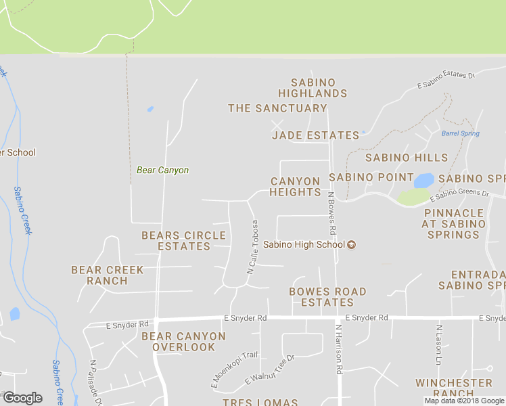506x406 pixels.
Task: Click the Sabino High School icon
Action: tap(351, 245)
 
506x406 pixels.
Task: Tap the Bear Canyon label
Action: tap(162, 171)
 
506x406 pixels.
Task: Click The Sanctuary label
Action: tap(277, 108)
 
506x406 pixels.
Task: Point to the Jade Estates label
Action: tap(315, 135)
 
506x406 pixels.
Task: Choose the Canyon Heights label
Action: tap(296, 187)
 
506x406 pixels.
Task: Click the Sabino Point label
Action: tap(371, 177)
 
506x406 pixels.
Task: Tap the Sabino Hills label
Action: tap(407, 158)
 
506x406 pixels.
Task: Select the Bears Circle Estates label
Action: tap(183, 241)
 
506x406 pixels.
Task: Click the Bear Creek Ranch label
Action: tap(108, 275)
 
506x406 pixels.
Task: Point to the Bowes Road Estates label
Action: tap(327, 297)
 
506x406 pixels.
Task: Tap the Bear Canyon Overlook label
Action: tap(183, 342)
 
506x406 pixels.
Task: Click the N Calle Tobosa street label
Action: tap(252, 247)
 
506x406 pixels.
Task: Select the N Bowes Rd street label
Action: tap(332, 218)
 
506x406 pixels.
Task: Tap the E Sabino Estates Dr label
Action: tap(446, 80)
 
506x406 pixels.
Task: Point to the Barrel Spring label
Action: tap(461, 134)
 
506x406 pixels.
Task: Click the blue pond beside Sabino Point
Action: tap(423, 181)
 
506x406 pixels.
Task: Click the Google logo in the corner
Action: tap(22, 398)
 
